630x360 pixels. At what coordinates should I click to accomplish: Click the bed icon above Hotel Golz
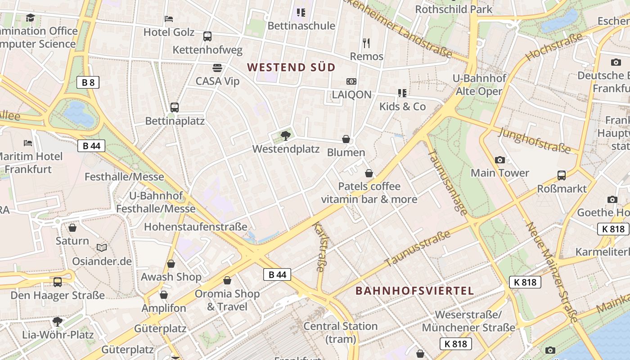pyautogui.click(x=169, y=19)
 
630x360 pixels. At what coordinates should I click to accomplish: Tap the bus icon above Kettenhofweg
pyautogui.click(x=207, y=36)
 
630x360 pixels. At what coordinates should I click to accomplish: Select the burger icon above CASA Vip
pyautogui.click(x=217, y=68)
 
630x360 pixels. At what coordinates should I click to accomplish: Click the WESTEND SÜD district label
pyautogui.click(x=292, y=67)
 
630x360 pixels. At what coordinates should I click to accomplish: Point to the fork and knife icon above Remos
pyautogui.click(x=366, y=43)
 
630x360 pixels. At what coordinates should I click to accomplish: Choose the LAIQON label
pyautogui.click(x=351, y=94)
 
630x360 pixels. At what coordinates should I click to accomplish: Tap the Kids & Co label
pyautogui.click(x=402, y=107)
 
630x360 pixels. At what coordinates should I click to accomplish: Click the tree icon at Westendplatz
pyautogui.click(x=285, y=135)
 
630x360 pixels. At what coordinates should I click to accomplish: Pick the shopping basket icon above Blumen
pyautogui.click(x=346, y=139)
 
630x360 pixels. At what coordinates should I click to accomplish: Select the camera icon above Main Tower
pyautogui.click(x=499, y=160)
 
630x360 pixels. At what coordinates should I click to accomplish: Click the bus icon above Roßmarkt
pyautogui.click(x=562, y=175)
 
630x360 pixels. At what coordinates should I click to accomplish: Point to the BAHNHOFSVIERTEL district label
pyautogui.click(x=415, y=291)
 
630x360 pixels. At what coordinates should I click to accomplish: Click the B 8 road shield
pyautogui.click(x=88, y=82)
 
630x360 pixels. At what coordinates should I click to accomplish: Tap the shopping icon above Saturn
pyautogui.click(x=72, y=228)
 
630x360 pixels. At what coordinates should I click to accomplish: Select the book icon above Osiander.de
pyautogui.click(x=102, y=248)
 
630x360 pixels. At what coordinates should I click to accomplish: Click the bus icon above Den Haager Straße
pyautogui.click(x=58, y=282)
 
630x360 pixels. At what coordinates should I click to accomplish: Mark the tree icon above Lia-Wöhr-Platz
pyautogui.click(x=58, y=321)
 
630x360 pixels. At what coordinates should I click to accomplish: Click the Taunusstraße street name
pyautogui.click(x=417, y=249)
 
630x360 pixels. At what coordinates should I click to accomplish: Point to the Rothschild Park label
pyautogui.click(x=454, y=9)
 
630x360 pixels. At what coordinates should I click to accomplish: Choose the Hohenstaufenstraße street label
pyautogui.click(x=196, y=226)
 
